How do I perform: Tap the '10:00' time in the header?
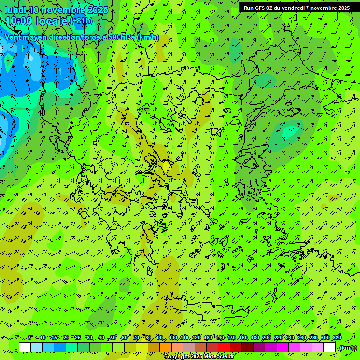(19, 21)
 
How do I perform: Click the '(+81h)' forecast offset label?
(82, 21)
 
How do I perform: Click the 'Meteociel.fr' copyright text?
(218, 357)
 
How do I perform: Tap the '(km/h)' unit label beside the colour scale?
(347, 348)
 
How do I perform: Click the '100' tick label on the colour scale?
(173, 338)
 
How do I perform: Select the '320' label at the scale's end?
(337, 338)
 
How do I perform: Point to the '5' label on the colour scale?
(30, 338)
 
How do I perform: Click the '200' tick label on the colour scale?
(267, 338)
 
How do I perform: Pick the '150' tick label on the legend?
(232, 338)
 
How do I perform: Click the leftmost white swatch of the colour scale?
(25, 347)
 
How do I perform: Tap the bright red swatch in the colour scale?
(224, 347)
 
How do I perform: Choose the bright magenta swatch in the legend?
(283, 347)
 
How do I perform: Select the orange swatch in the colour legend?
(165, 347)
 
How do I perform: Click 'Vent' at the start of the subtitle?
(13, 37)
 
